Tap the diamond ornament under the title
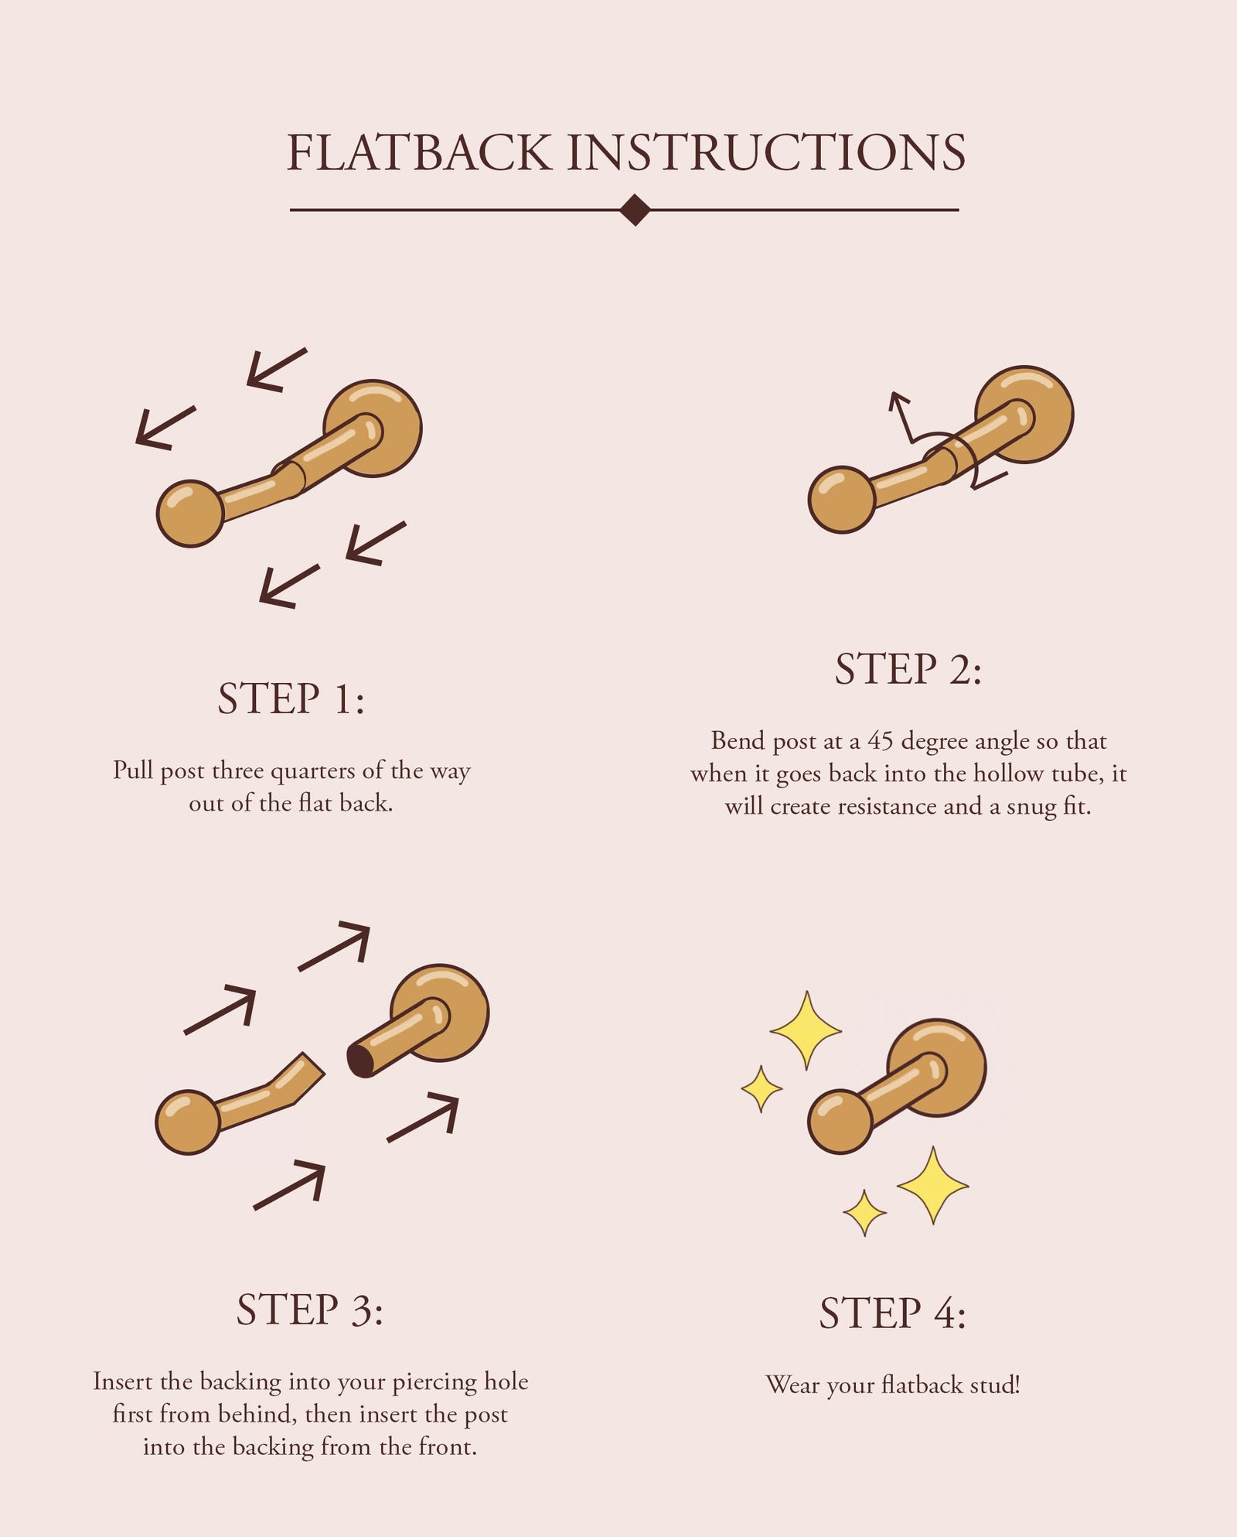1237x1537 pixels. point(635,210)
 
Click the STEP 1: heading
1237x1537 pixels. point(291,698)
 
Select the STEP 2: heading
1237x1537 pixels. point(908,669)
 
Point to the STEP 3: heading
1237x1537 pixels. point(309,1310)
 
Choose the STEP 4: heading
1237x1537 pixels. point(892,1313)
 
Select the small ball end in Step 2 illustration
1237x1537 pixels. point(841,500)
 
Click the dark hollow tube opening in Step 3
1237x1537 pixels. point(360,1061)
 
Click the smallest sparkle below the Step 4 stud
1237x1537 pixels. point(864,1213)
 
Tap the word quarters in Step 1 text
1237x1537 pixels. point(314,771)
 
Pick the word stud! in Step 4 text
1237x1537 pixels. point(994,1385)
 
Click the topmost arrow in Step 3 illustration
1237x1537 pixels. point(336,944)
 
